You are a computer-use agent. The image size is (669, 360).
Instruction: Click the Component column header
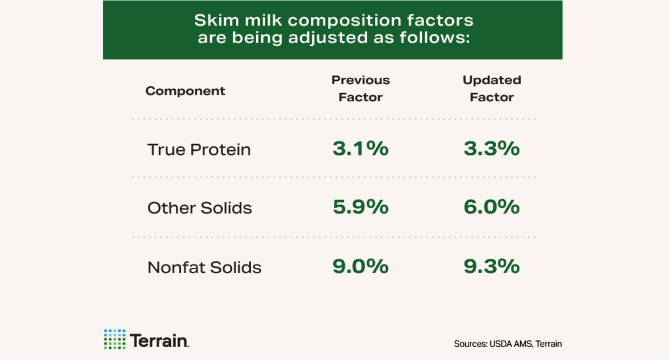(185, 91)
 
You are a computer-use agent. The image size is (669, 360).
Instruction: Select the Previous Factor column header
(361, 88)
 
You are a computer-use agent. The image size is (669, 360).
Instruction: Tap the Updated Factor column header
(492, 88)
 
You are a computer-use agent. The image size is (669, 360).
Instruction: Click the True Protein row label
(199, 150)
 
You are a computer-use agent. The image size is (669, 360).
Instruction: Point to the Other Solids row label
(200, 208)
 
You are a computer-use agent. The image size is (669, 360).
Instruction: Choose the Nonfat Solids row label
(204, 267)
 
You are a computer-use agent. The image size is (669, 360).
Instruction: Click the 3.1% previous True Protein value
(361, 148)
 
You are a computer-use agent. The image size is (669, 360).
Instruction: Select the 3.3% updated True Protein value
(492, 148)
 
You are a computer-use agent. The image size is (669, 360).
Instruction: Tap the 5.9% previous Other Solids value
(361, 207)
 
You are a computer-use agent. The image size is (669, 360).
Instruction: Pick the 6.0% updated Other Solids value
(492, 207)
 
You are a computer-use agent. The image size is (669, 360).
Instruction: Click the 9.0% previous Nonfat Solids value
(361, 266)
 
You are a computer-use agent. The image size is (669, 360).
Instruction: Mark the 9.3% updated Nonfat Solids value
(492, 266)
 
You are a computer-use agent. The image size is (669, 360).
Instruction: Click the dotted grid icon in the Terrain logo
(114, 339)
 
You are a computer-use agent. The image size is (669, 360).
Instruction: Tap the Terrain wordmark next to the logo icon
(159, 340)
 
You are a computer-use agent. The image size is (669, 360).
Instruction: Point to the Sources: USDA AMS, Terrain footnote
(508, 344)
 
